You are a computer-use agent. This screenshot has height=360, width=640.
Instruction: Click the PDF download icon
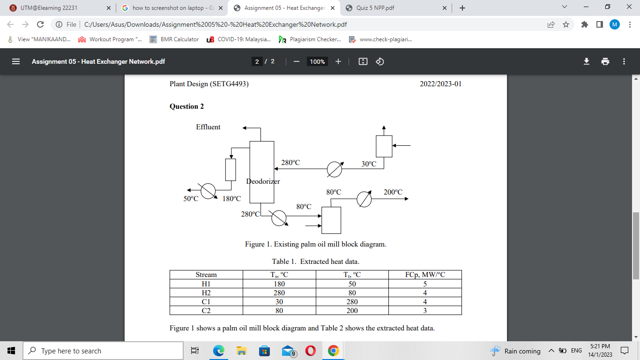(x=586, y=61)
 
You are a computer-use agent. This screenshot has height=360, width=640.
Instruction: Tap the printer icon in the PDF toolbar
(x=605, y=61)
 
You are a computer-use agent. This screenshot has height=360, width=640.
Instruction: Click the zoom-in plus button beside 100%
(x=338, y=61)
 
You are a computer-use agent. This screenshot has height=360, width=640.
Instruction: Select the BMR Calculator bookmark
(x=174, y=39)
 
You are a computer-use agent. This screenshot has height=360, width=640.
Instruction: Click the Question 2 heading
(x=186, y=106)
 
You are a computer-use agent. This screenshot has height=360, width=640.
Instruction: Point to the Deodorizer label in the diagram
(x=263, y=181)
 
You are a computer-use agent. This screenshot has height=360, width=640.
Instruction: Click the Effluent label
(x=208, y=127)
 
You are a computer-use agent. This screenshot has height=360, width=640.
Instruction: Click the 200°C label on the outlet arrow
(x=393, y=192)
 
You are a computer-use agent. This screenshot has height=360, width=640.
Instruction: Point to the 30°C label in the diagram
(x=369, y=164)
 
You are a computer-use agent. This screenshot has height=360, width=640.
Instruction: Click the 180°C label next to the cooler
(x=231, y=199)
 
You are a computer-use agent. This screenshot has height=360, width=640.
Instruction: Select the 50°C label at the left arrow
(x=191, y=199)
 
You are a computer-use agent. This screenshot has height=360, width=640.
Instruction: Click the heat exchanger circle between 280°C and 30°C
(x=334, y=170)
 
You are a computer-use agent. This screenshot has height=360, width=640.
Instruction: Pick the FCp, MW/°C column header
(x=424, y=275)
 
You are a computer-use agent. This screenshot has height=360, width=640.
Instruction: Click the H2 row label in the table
(x=206, y=292)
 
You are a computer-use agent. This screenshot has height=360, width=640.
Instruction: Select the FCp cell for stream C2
(x=424, y=310)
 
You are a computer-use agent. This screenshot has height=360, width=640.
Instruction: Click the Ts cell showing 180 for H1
(x=279, y=284)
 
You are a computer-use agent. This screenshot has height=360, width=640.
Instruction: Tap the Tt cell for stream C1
(x=352, y=301)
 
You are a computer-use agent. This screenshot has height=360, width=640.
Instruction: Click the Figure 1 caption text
(x=315, y=244)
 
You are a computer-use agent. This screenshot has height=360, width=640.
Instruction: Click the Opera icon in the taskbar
(x=310, y=351)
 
